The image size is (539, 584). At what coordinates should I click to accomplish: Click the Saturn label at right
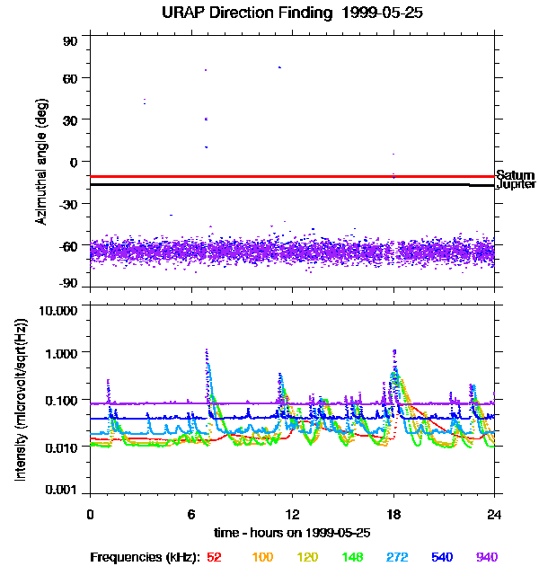point(515,175)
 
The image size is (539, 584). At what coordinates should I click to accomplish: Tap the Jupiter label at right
point(516,184)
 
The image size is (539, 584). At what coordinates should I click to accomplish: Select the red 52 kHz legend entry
point(214,557)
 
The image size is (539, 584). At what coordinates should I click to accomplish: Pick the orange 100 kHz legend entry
point(262,557)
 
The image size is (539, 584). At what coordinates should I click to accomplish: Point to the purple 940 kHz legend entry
point(486,557)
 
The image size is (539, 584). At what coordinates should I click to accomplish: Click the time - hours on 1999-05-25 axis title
point(292,532)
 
